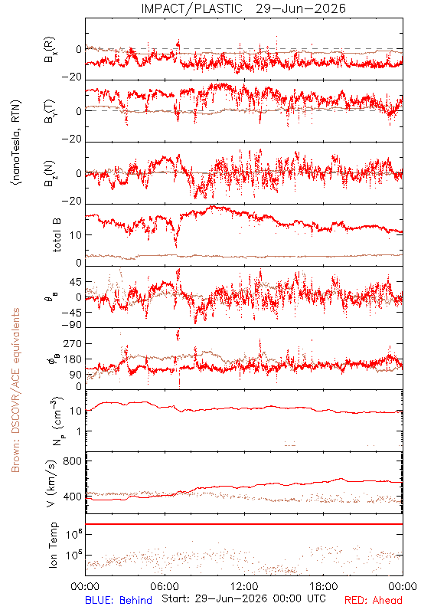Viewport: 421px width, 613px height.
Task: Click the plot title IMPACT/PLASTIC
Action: pos(192,8)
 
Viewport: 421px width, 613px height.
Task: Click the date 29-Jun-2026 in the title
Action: pos(301,8)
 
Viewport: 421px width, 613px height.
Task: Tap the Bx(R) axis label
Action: pos(50,50)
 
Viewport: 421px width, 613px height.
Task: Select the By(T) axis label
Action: pos(50,111)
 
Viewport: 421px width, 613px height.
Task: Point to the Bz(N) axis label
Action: pos(50,173)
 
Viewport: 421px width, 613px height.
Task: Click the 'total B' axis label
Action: pos(56,235)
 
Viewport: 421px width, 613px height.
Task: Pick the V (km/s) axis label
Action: pos(51,484)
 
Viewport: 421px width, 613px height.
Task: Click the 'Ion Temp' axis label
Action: pos(53,545)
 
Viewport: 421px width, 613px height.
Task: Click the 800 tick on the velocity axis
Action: pos(73,461)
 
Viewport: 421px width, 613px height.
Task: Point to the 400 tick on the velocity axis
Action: pos(73,497)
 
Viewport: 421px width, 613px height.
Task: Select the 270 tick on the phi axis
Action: pos(73,343)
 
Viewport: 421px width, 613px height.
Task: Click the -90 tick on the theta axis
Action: pos(72,325)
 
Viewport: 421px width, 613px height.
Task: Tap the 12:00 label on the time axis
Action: pos(244,587)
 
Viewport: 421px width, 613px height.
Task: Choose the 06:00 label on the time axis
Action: pos(165,587)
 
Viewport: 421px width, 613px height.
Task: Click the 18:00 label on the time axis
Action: pos(324,587)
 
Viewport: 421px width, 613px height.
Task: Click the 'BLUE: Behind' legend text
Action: pos(119,601)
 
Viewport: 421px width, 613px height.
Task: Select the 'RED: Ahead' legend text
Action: pos(374,601)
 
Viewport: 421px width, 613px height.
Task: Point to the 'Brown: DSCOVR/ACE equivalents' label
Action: pos(15,390)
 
